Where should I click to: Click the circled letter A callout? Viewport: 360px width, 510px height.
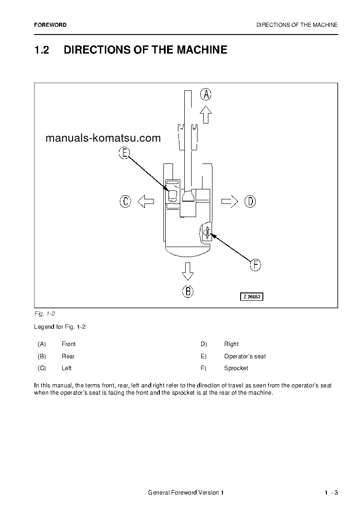pyautogui.click(x=206, y=94)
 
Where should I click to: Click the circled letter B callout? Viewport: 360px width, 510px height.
pyautogui.click(x=188, y=291)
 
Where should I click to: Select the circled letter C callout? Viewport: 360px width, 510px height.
pyautogui.click(x=125, y=201)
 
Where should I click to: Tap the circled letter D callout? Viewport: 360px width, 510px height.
pyautogui.click(x=250, y=201)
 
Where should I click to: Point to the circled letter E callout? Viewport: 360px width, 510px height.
pyautogui.click(x=124, y=153)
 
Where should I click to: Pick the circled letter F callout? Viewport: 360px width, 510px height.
pyautogui.click(x=256, y=265)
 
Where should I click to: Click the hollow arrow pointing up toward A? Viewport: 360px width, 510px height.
pyautogui.click(x=206, y=115)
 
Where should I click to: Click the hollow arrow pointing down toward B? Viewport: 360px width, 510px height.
pyautogui.click(x=187, y=271)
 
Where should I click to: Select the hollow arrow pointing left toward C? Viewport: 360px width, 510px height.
pyautogui.click(x=146, y=201)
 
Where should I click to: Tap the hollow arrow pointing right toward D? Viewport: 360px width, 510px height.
pyautogui.click(x=230, y=201)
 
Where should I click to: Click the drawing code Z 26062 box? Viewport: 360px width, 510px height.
pyautogui.click(x=252, y=297)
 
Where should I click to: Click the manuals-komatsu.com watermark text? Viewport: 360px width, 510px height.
pyautogui.click(x=103, y=138)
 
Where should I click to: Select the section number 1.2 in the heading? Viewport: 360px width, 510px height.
pyautogui.click(x=41, y=50)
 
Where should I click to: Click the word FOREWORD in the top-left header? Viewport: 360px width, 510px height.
pyautogui.click(x=50, y=25)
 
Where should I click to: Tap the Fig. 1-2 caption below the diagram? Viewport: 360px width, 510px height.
pyautogui.click(x=44, y=314)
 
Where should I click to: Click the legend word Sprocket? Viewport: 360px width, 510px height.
pyautogui.click(x=236, y=368)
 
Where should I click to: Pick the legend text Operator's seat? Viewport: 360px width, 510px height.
pyautogui.click(x=245, y=356)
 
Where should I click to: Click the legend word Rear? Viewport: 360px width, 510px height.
pyautogui.click(x=68, y=356)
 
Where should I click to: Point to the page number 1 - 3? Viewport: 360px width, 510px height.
pyautogui.click(x=331, y=493)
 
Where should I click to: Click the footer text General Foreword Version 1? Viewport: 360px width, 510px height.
pyautogui.click(x=186, y=493)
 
